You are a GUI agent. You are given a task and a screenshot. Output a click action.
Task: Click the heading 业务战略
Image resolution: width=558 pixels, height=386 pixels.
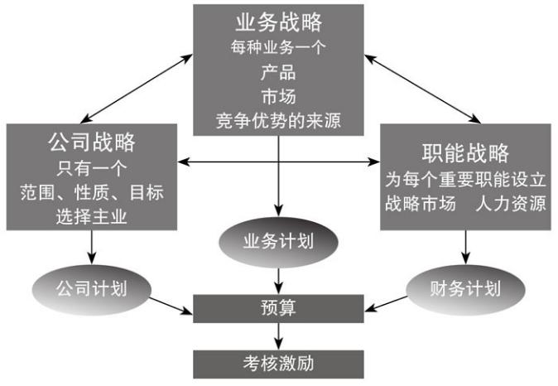[278, 22]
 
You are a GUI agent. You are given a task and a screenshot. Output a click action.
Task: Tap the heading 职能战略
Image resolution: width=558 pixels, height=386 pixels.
[464, 152]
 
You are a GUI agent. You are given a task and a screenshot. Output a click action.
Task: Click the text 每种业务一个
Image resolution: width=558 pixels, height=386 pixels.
[278, 47]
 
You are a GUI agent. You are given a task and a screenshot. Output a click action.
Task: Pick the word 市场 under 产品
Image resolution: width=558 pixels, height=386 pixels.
[278, 95]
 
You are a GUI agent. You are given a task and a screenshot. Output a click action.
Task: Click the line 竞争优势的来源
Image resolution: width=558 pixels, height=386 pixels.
[278, 120]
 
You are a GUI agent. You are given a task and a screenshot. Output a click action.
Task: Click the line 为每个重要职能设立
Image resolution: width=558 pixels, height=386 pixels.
[464, 178]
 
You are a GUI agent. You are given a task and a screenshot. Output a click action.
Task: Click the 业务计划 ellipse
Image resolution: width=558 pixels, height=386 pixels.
[278, 242]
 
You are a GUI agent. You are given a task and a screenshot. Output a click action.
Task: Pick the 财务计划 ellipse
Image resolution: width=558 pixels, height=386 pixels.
[466, 289]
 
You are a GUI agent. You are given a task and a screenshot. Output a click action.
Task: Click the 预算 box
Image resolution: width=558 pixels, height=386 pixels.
[278, 308]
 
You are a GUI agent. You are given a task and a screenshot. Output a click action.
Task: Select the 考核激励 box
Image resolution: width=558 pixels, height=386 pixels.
[278, 363]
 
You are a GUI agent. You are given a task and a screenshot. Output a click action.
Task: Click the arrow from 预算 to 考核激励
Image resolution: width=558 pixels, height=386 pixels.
[278, 335]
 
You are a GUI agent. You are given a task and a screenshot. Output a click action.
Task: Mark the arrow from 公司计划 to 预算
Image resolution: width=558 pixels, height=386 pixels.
[170, 304]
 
